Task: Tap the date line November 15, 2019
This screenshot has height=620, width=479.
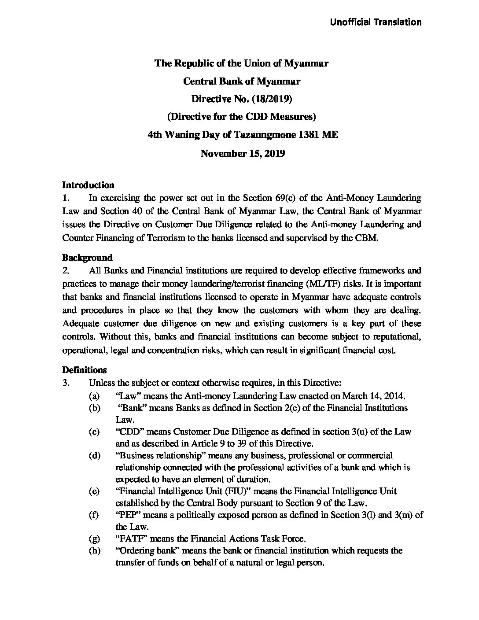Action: pyautogui.click(x=243, y=154)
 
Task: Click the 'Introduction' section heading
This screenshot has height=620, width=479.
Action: pyautogui.click(x=88, y=185)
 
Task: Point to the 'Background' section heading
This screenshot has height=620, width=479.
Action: pyautogui.click(x=87, y=258)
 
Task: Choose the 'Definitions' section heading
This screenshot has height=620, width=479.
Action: pyautogui.click(x=84, y=369)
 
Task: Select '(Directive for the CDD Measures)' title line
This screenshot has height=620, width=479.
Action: pyautogui.click(x=243, y=118)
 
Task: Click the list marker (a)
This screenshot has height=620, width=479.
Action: pyautogui.click(x=94, y=395)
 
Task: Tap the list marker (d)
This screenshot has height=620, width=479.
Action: pyautogui.click(x=94, y=455)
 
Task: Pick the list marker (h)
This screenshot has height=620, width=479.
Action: pyautogui.click(x=94, y=551)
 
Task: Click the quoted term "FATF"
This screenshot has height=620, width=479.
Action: pyautogui.click(x=129, y=539)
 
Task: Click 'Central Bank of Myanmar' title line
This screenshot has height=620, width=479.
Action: pyautogui.click(x=242, y=81)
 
